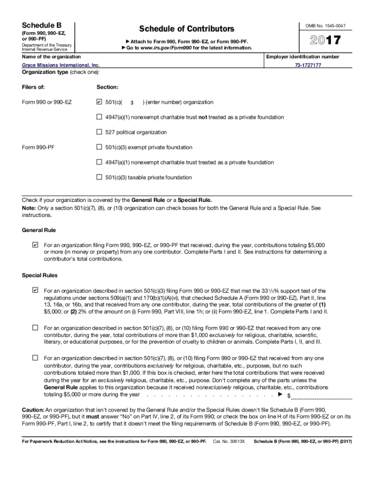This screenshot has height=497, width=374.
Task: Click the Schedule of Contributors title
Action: tap(187, 29)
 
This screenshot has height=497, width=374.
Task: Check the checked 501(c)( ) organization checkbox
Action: tap(100, 102)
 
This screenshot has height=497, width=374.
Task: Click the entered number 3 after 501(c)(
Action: tap(132, 103)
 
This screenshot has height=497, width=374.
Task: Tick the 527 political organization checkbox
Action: tap(100, 132)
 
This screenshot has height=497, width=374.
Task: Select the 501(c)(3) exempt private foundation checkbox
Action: tap(100, 147)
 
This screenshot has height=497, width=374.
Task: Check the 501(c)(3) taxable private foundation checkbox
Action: tap(100, 177)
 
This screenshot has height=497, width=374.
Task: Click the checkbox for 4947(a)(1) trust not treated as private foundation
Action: tap(100, 117)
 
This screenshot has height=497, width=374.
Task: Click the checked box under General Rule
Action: tap(35, 245)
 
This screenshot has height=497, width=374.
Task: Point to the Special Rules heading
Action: tap(40, 275)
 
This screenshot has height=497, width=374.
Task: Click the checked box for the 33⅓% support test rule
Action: tap(35, 290)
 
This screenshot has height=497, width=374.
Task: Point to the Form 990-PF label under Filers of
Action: tap(38, 148)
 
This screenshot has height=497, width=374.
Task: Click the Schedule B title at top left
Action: tap(42, 25)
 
